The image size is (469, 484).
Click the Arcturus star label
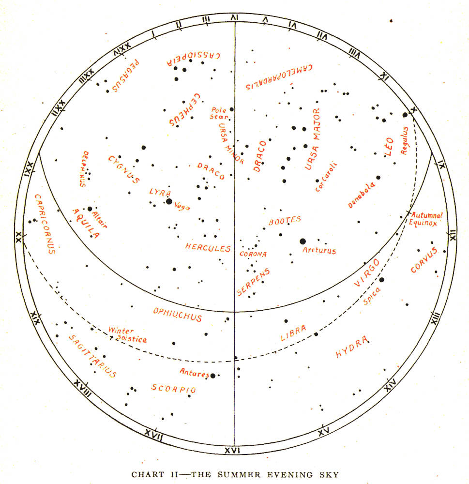(x=319, y=251)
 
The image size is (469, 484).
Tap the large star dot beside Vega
(x=168, y=201)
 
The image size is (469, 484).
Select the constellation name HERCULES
(x=208, y=247)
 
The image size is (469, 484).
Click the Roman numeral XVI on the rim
(x=233, y=450)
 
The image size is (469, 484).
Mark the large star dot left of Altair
(x=90, y=209)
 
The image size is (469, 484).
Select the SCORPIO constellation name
(x=173, y=389)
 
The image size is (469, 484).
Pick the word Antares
(x=194, y=373)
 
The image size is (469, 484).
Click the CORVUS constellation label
(x=424, y=260)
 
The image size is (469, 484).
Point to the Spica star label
(x=372, y=296)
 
